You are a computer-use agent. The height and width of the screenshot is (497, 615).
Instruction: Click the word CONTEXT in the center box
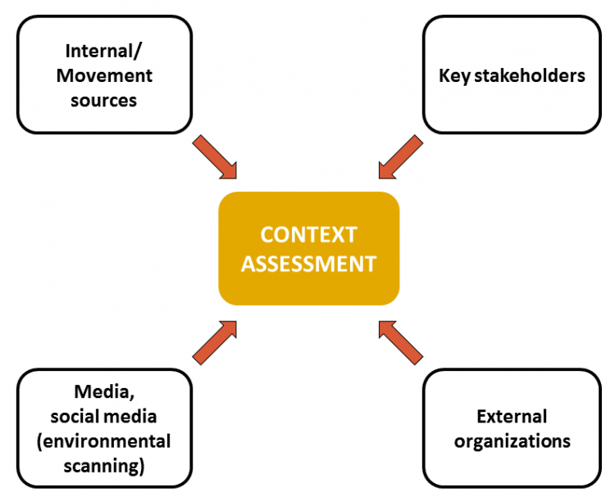tap(308, 235)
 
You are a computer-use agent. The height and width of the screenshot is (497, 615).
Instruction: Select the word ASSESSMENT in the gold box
tap(308, 264)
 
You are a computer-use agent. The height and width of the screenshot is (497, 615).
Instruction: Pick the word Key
tap(454, 76)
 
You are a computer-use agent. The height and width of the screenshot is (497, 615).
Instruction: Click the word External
tap(512, 417)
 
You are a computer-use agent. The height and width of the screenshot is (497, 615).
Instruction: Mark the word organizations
tap(512, 441)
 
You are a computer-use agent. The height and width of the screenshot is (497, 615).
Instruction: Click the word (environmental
tap(104, 441)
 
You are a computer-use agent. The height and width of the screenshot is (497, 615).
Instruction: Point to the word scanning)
tap(104, 467)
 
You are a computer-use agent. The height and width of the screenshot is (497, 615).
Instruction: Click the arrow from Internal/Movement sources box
tap(215, 157)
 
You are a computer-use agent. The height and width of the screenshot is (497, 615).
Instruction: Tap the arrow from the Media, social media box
tap(215, 341)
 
